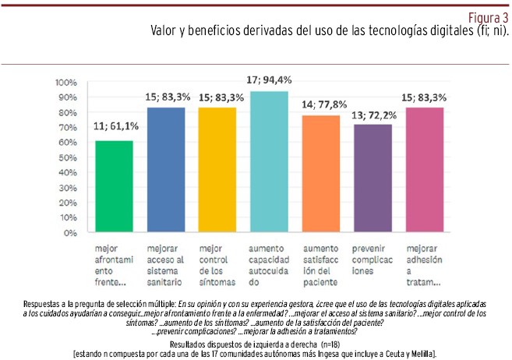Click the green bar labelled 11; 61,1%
click(114, 187)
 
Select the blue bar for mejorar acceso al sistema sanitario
click(165, 170)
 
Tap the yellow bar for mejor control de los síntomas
click(217, 170)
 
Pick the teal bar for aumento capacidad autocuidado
click(269, 162)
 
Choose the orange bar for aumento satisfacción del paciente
click(320, 175)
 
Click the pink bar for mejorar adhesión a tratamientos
click(424, 170)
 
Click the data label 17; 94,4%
click(269, 81)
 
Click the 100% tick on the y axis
click(66, 82)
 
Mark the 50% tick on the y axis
click(68, 157)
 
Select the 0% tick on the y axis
click(70, 232)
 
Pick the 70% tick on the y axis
click(68, 127)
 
